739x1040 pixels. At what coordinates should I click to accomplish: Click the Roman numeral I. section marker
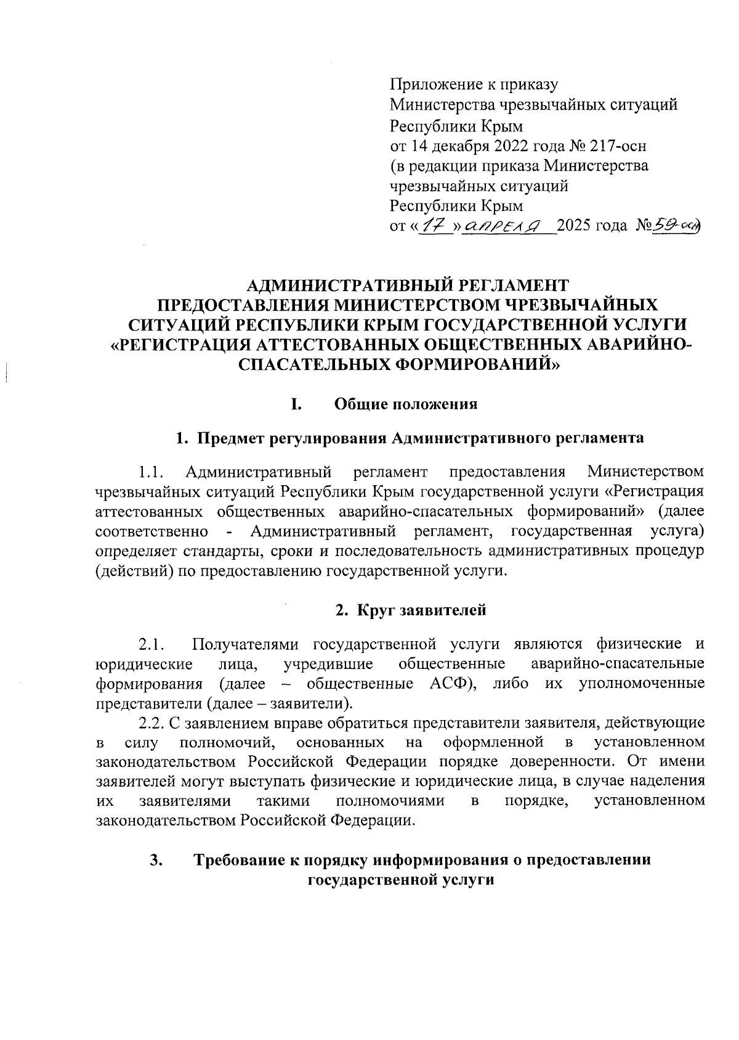coord(296,404)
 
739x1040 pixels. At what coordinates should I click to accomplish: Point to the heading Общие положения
coord(406,404)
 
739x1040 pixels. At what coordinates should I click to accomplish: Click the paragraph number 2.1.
coord(150,645)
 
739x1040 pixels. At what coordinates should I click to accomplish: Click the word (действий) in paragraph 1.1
coord(134,571)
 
